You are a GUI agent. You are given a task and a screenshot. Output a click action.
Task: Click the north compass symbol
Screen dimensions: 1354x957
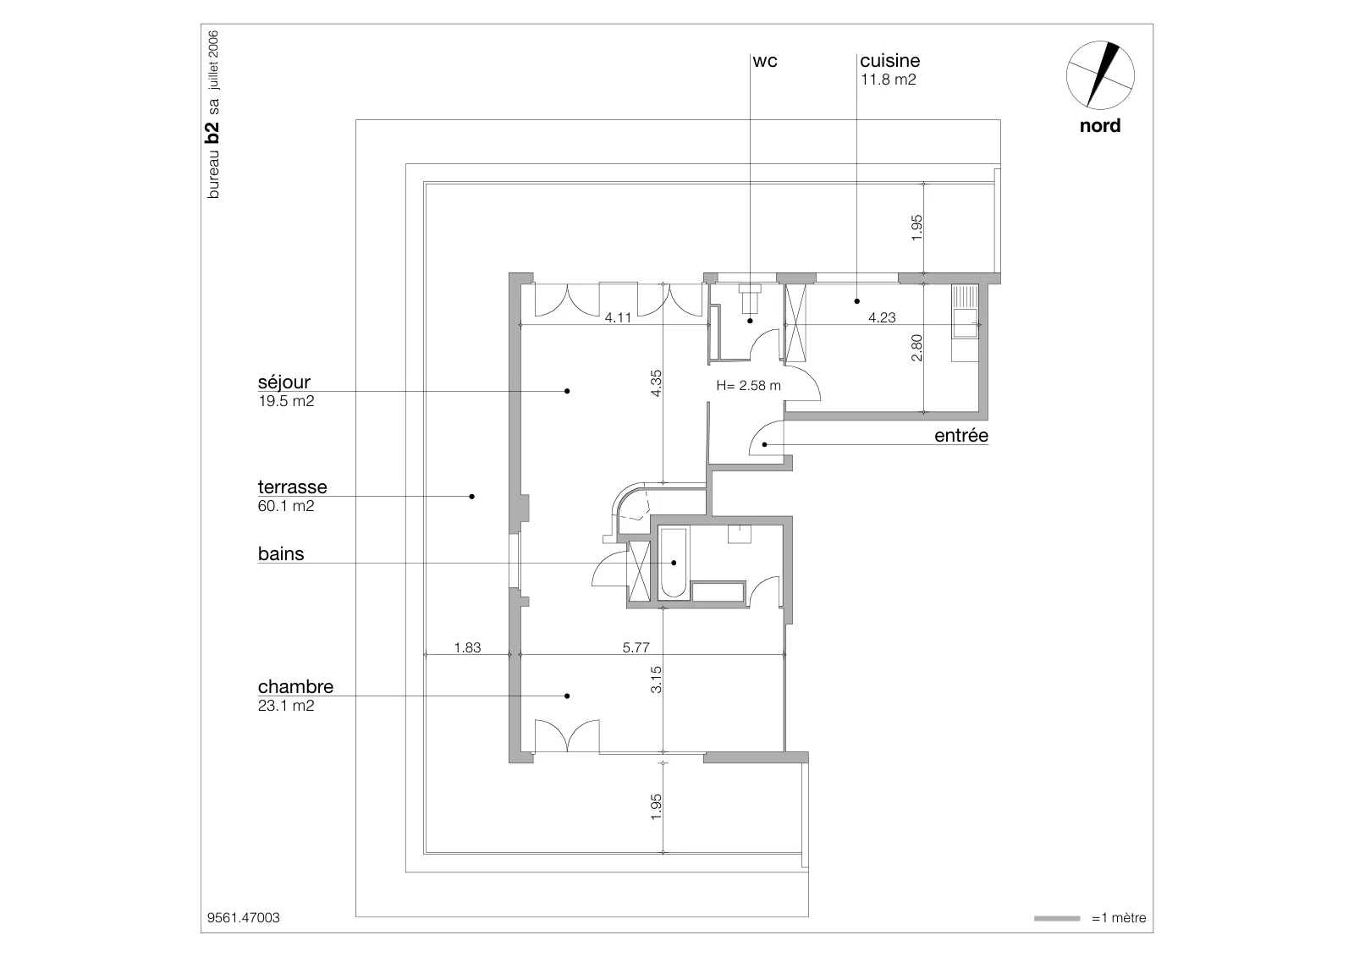click(x=1100, y=75)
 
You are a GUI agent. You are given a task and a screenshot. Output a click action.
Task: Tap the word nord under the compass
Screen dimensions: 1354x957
click(x=1100, y=126)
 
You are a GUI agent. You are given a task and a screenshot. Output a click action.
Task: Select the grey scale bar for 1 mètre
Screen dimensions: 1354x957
click(x=1057, y=918)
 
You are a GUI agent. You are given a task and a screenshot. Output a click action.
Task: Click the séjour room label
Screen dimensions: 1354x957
click(x=284, y=382)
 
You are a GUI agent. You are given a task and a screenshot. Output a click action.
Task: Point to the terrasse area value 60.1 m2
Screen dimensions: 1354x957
click(x=286, y=506)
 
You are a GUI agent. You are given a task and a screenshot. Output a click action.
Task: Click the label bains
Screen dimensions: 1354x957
click(x=281, y=553)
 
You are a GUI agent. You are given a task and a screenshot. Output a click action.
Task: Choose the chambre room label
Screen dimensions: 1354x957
click(x=295, y=687)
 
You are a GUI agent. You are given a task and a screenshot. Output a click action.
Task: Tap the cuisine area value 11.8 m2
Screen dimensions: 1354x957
click(x=888, y=80)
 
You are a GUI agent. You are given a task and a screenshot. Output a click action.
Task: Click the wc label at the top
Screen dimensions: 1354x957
click(x=765, y=61)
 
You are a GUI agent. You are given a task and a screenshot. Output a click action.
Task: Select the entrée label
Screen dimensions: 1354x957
click(x=961, y=435)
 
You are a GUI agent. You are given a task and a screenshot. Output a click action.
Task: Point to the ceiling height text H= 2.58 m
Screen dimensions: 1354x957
click(x=748, y=386)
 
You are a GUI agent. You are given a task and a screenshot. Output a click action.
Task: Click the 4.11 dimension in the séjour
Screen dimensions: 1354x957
click(x=618, y=318)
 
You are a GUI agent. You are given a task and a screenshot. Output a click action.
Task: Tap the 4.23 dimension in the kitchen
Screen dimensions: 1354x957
click(x=882, y=318)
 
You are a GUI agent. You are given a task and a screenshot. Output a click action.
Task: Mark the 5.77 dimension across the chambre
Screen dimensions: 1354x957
click(x=636, y=648)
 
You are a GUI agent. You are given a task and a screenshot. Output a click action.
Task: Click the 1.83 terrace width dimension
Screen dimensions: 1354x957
click(x=467, y=648)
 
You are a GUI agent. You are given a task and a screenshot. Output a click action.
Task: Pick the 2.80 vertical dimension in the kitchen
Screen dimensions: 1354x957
click(x=917, y=349)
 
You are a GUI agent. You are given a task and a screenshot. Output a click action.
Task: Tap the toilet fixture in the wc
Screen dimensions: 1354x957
click(x=750, y=296)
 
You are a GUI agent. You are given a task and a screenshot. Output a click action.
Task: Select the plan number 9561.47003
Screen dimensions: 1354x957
click(x=244, y=918)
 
